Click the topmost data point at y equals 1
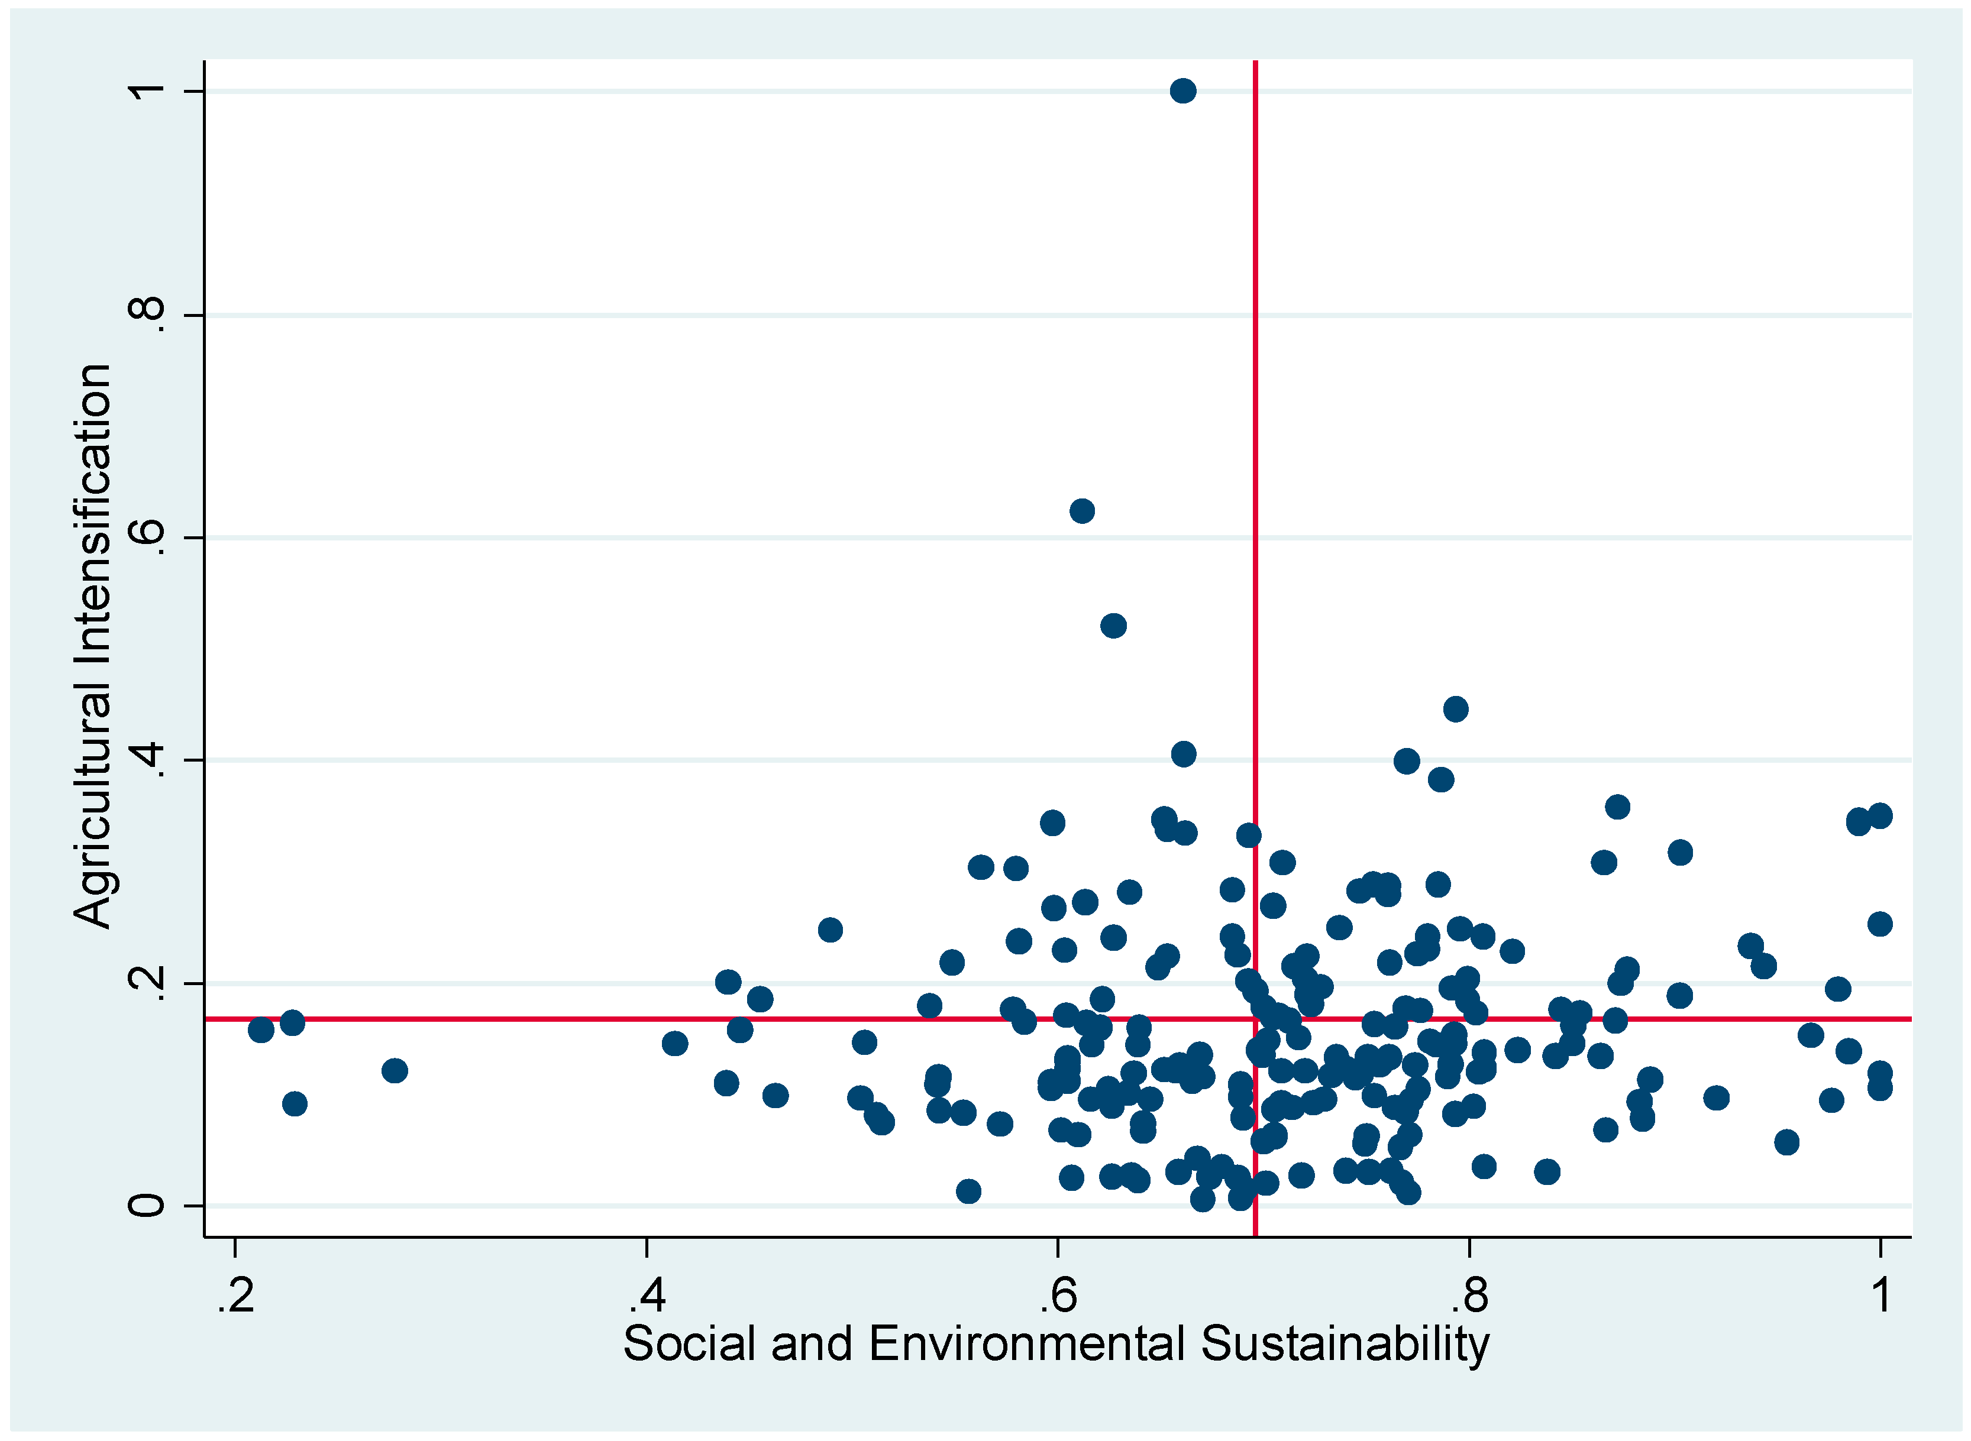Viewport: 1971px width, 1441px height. click(1182, 90)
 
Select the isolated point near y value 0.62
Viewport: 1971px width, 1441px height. click(1082, 511)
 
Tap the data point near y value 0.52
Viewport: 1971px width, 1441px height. click(1113, 626)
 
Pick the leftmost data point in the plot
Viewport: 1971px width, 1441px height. click(261, 1030)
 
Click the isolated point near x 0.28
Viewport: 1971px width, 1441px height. click(395, 1070)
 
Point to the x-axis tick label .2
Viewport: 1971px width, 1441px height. click(235, 1296)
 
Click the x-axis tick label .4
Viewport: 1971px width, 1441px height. click(647, 1296)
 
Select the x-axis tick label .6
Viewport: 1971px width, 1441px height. click(1058, 1296)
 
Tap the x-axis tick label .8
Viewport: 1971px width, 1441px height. click(1469, 1296)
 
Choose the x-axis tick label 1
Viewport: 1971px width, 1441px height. click(1881, 1296)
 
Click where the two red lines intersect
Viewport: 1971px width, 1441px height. click(1255, 1018)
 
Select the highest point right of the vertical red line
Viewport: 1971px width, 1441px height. click(1455, 709)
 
